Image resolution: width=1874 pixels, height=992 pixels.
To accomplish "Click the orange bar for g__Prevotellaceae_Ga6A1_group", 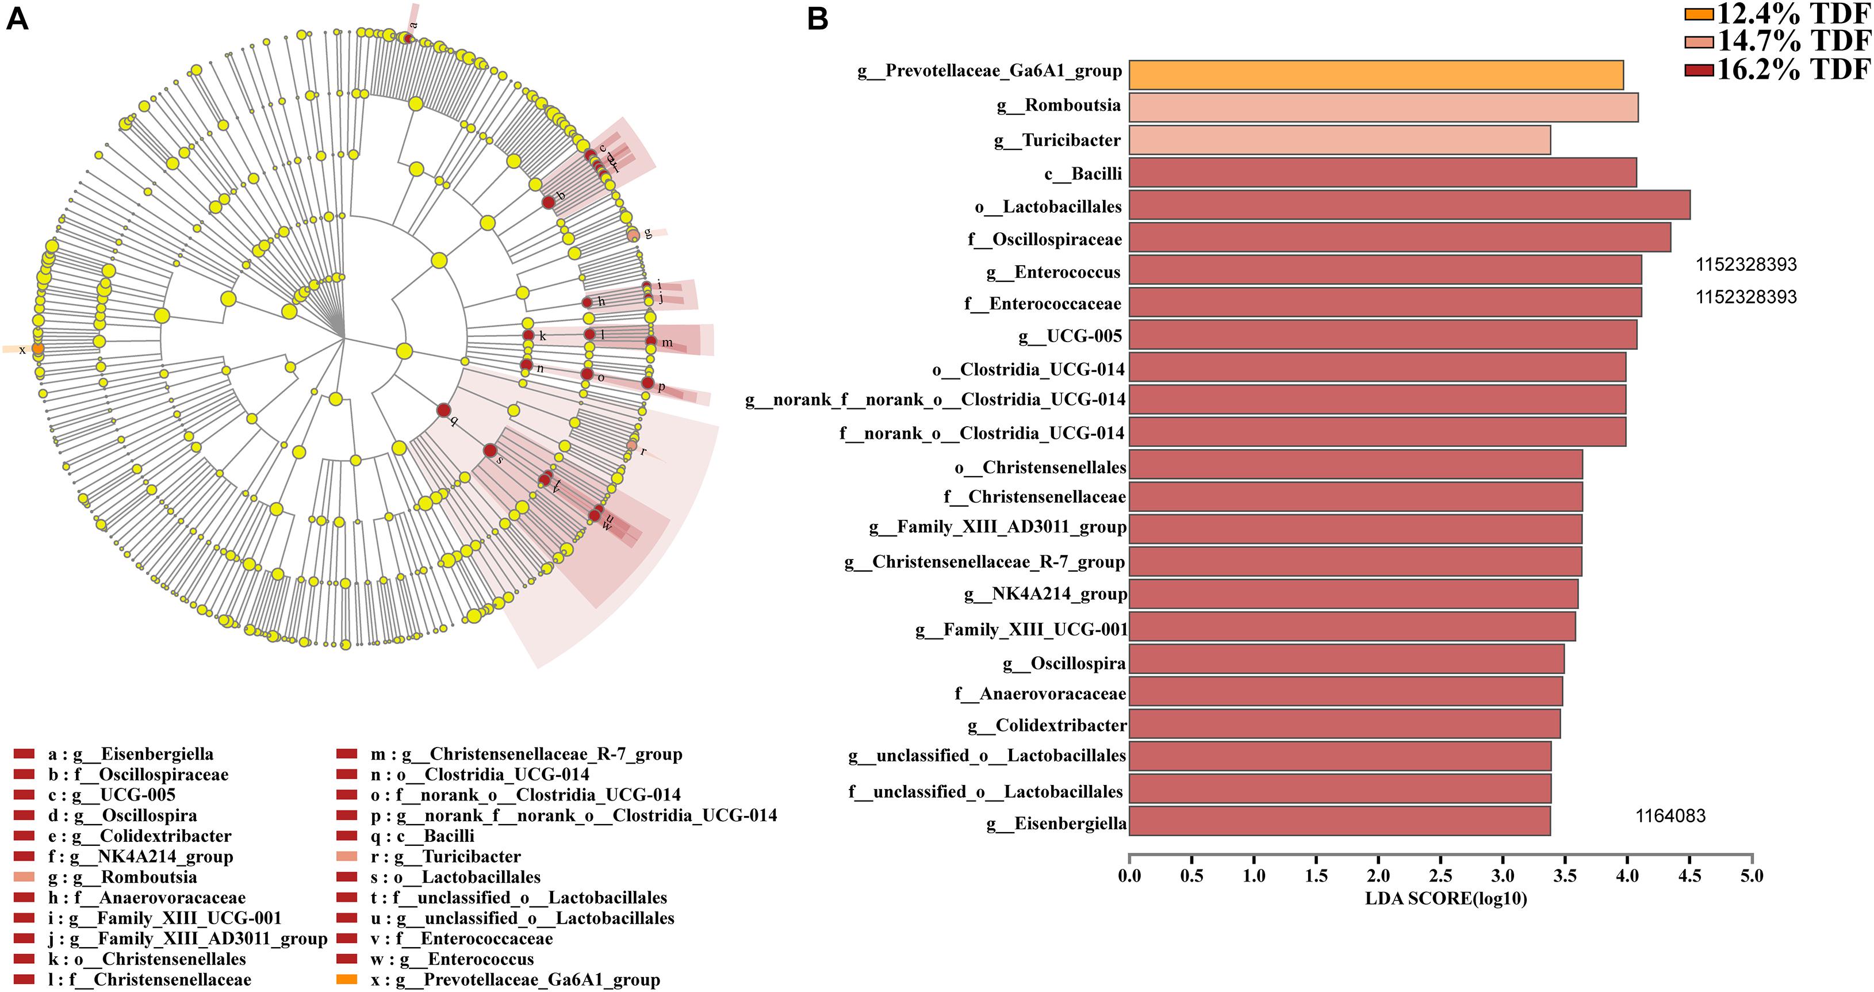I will click(x=1375, y=75).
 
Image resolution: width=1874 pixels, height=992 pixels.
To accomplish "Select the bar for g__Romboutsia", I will click(x=1382, y=107).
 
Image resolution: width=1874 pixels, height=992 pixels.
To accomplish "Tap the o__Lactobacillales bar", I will click(x=1408, y=205).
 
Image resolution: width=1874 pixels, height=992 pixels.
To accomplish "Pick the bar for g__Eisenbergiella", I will click(x=1339, y=820).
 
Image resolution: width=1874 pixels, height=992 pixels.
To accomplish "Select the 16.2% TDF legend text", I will click(x=1792, y=69).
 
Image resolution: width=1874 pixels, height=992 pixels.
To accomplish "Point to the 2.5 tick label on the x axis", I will click(x=1440, y=876).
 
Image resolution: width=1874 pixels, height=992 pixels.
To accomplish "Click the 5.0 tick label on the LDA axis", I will click(x=1752, y=876).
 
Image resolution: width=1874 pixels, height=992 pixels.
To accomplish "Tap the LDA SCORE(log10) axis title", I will click(x=1446, y=899).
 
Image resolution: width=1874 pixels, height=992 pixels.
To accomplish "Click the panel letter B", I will click(x=818, y=19).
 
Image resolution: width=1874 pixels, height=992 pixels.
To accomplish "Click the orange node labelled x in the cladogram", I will click(x=38, y=349).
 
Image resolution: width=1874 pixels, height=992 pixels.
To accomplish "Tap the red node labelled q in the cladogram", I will click(x=443, y=411).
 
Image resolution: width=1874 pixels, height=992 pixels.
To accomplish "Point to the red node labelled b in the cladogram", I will click(x=549, y=202).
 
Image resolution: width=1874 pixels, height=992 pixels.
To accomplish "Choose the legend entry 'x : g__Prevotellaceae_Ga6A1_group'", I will click(x=515, y=979).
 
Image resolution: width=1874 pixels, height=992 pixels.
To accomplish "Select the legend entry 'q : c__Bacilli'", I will click(x=422, y=836).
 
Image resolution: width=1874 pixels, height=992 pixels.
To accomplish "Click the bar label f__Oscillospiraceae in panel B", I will click(x=1045, y=239).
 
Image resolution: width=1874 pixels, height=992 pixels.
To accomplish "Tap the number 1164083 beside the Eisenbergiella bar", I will click(x=1670, y=816).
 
